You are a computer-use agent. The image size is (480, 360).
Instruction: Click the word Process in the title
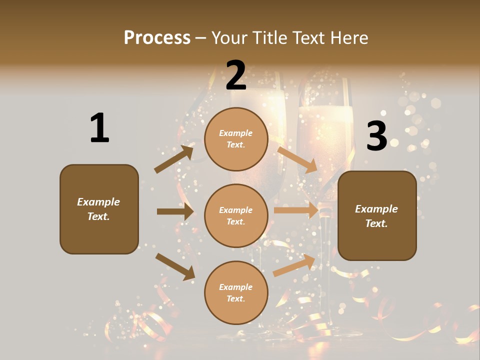157,37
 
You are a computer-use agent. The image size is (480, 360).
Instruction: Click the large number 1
99,128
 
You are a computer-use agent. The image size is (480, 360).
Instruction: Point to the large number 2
236,75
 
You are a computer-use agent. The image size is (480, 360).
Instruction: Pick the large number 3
376,136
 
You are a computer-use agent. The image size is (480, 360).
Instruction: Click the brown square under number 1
99,209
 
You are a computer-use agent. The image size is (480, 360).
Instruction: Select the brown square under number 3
377,216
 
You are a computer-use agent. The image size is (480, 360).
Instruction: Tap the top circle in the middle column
236,139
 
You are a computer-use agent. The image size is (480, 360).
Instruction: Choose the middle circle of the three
236,215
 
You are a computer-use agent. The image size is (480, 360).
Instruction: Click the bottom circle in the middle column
236,292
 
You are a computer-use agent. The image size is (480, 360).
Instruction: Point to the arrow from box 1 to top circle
174,159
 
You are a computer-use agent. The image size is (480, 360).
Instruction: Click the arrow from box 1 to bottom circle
175,266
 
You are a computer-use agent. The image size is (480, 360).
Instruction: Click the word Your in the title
228,37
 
